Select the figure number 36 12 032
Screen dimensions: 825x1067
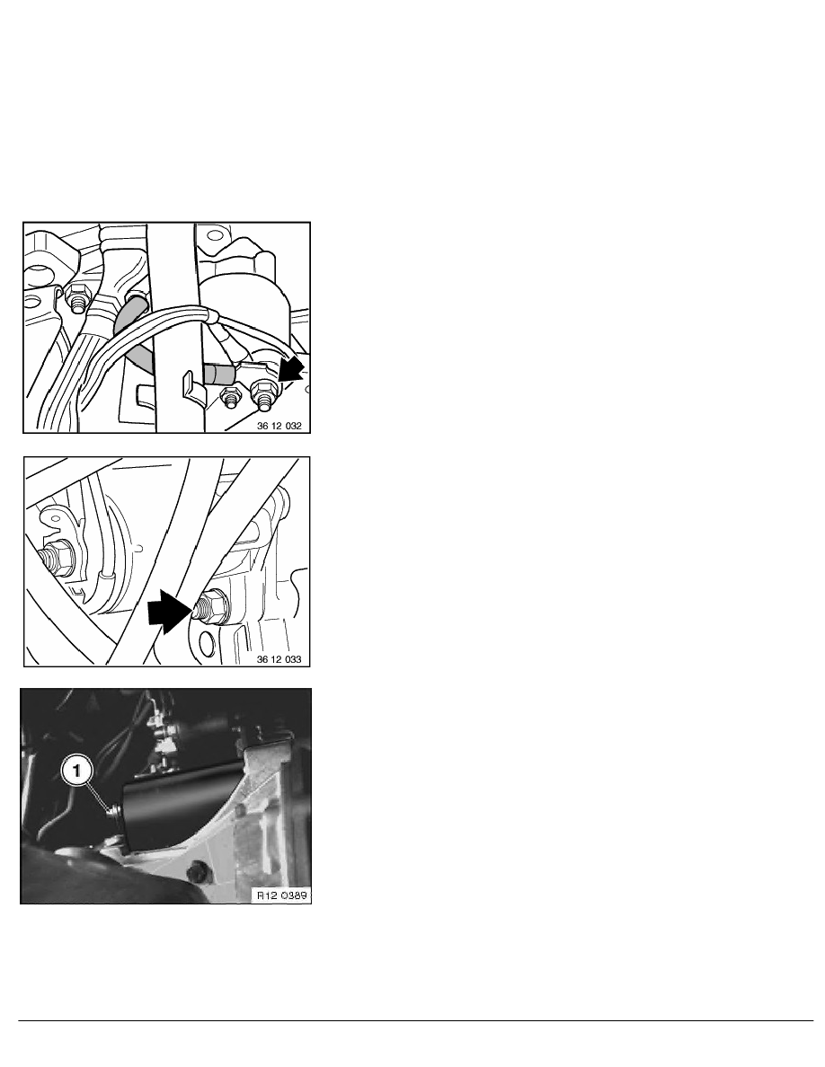coord(279,426)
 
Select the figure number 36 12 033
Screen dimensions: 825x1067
coord(279,658)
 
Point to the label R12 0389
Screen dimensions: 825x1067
coord(282,895)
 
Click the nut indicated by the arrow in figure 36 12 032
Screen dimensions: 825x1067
coord(262,393)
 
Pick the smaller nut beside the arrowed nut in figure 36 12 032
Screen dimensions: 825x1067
coord(230,397)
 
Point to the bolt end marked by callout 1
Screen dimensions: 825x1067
coord(113,810)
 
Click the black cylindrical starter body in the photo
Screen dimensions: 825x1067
coord(181,807)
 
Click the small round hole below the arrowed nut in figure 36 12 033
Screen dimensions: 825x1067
coord(207,639)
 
